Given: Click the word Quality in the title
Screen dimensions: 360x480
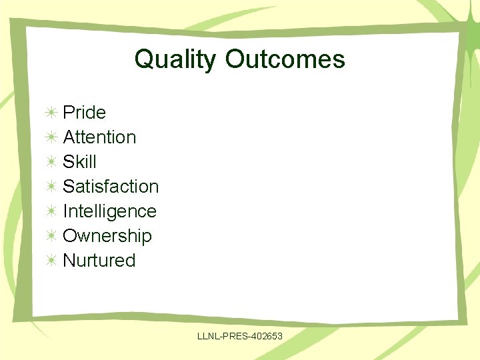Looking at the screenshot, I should coord(175,59).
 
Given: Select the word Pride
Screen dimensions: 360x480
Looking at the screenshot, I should coord(84,113).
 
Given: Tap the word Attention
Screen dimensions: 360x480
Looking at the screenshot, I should coord(99,137).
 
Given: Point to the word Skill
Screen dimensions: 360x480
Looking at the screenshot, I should coord(79,162).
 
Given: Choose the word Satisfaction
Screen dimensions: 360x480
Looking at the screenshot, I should coord(111,187).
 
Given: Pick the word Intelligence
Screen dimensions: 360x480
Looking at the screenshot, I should coord(109,211).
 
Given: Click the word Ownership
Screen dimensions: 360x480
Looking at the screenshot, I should coord(107,236).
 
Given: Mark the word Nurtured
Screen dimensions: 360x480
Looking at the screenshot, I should coord(99,261).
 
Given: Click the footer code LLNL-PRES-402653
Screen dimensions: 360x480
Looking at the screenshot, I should coord(240,337).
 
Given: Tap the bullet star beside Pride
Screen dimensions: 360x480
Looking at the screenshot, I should coord(51,113).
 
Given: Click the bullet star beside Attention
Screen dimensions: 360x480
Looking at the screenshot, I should coord(51,137).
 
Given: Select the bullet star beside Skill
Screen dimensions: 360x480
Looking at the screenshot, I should coord(51,162).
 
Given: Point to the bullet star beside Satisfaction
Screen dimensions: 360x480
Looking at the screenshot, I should coord(51,187).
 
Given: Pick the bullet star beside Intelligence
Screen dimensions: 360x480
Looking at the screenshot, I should coord(51,211).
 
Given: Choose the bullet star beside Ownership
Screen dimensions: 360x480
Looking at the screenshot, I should coord(51,236).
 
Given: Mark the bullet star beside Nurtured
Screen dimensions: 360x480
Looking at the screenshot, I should coord(51,261).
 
